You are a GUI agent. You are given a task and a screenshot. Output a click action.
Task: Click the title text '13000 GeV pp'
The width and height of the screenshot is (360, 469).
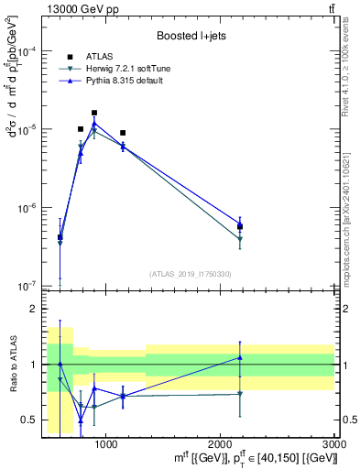pyautogui.click(x=74, y=9)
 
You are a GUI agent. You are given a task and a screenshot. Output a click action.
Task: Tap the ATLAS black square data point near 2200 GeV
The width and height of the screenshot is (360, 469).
pyautogui.click(x=240, y=226)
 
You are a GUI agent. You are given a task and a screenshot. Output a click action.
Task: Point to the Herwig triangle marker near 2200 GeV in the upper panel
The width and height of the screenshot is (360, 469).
pyautogui.click(x=240, y=239)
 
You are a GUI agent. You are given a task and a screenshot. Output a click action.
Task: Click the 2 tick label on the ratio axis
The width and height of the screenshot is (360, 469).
pyautogui.click(x=33, y=310)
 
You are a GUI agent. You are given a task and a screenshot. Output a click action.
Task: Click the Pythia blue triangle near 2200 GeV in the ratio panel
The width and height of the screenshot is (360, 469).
pyautogui.click(x=240, y=357)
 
